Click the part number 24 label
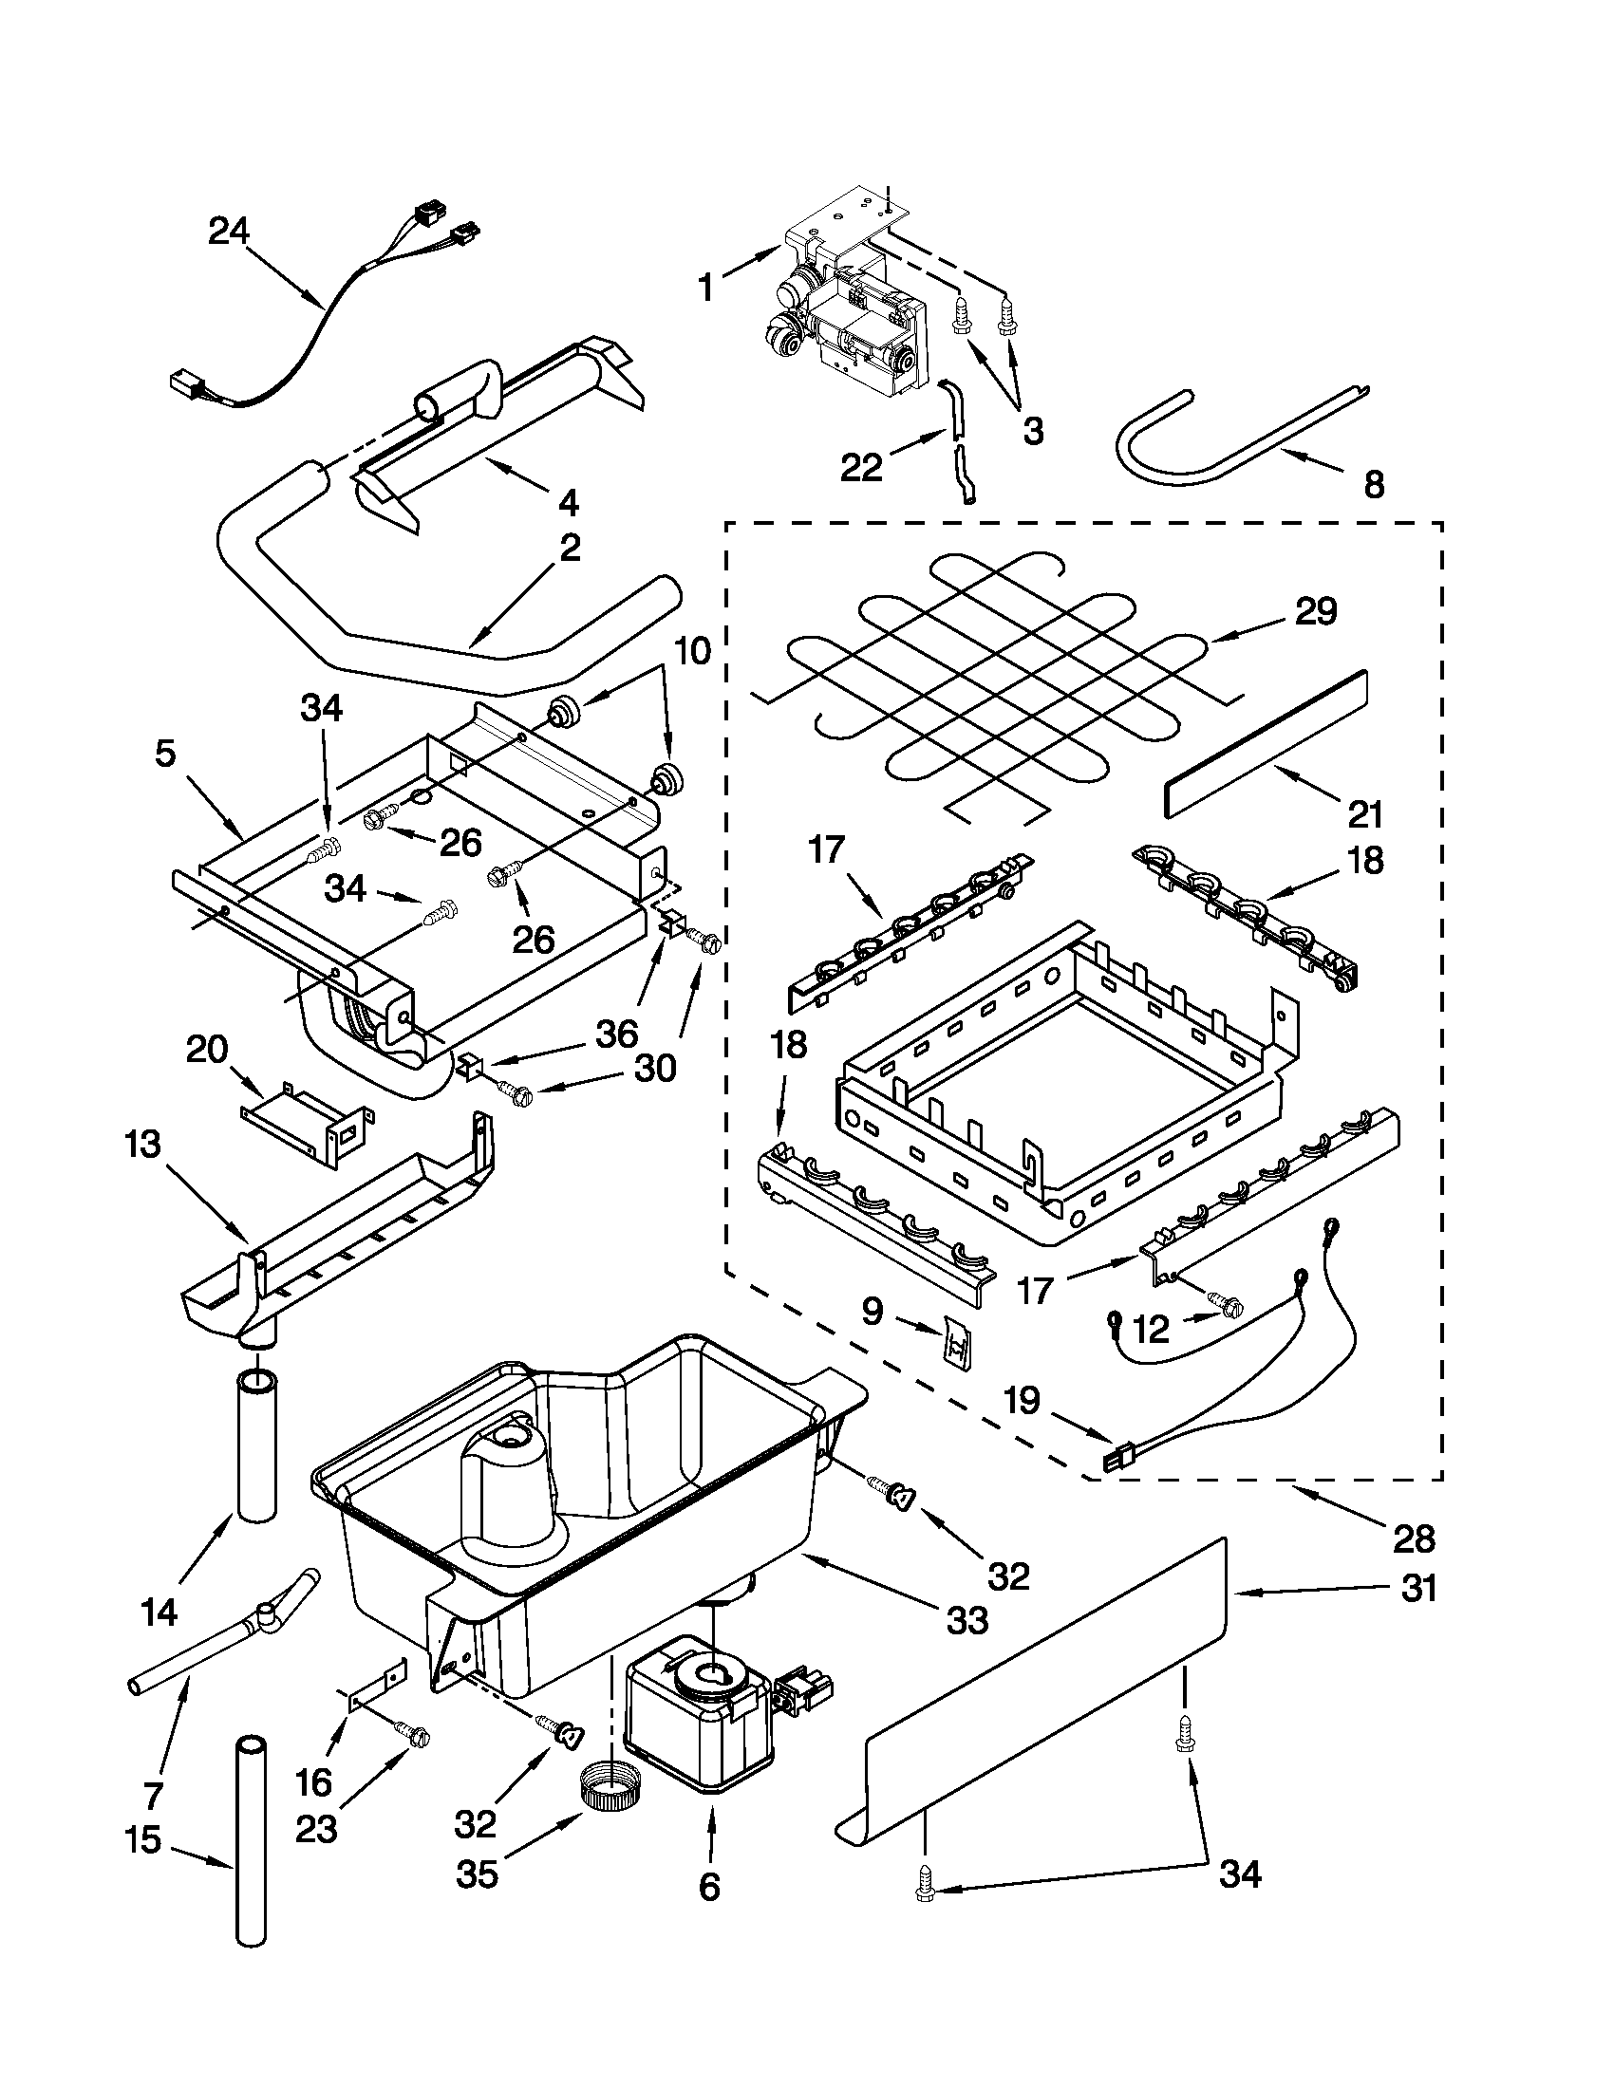(x=229, y=232)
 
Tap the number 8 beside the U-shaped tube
(x=1373, y=485)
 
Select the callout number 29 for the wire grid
(x=1316, y=611)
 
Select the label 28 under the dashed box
(x=1415, y=1538)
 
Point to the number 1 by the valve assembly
(x=705, y=288)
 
